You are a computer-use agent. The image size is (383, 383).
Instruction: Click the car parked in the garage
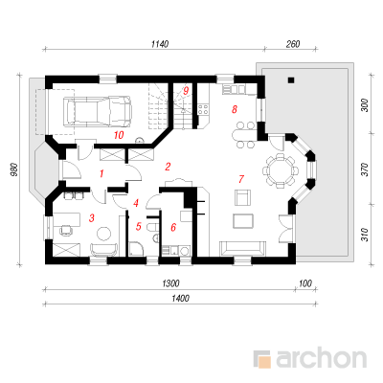click(98, 111)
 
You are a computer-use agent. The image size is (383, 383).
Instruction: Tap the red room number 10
click(119, 135)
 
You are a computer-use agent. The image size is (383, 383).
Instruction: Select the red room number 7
click(241, 179)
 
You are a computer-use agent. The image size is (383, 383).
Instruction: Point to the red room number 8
click(235, 109)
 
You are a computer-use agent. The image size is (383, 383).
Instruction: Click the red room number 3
click(92, 218)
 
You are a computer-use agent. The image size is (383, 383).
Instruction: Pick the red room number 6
click(173, 227)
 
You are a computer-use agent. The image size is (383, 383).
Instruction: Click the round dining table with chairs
click(280, 170)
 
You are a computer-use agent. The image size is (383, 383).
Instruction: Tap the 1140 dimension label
click(160, 44)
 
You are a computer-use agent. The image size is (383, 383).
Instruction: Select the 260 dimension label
click(293, 44)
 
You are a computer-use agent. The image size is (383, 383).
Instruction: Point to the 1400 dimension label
click(180, 299)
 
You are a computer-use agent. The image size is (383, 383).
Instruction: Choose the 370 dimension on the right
click(365, 169)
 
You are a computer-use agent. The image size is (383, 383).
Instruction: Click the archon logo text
click(321, 359)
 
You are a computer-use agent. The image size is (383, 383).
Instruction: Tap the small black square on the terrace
click(290, 80)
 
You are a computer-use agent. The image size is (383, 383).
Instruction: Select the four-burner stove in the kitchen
click(203, 109)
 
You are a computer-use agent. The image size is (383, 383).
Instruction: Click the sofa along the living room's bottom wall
click(242, 249)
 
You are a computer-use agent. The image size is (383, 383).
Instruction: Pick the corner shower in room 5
click(136, 249)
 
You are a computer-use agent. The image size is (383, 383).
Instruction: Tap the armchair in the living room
click(242, 197)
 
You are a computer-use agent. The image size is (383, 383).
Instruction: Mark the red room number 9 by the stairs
click(186, 91)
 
